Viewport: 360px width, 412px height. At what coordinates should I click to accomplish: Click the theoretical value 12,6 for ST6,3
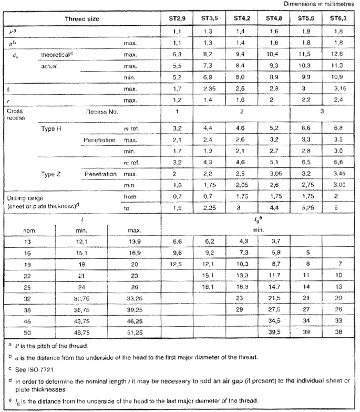click(x=338, y=54)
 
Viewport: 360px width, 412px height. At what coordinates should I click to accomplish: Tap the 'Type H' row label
click(x=52, y=128)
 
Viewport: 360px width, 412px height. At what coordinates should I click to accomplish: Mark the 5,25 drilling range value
click(x=306, y=208)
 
